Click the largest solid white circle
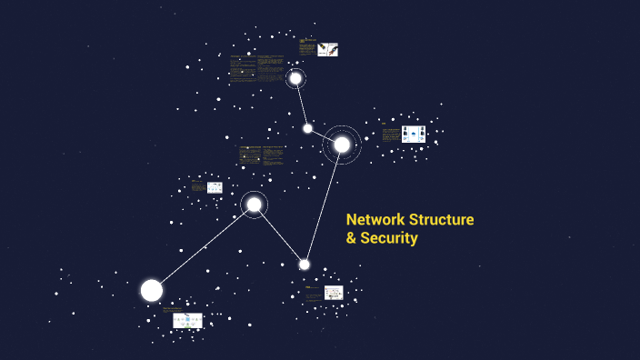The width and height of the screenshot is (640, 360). [x=152, y=290]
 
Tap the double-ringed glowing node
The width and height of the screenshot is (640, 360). [x=342, y=145]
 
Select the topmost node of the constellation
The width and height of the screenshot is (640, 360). [x=295, y=78]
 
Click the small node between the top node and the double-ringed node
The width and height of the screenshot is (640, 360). [x=307, y=128]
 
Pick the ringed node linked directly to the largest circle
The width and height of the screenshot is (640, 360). [x=254, y=205]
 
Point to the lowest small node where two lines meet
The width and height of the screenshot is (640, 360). [x=305, y=265]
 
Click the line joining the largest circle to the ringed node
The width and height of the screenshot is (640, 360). [x=203, y=247]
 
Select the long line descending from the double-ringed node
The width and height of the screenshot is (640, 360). [x=324, y=204]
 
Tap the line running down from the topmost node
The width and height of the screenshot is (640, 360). [x=301, y=102]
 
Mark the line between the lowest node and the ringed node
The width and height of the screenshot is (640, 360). [x=279, y=235]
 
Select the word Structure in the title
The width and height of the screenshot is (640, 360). [x=443, y=219]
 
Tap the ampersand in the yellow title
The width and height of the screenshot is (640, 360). [x=351, y=238]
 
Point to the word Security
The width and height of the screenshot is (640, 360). [x=389, y=238]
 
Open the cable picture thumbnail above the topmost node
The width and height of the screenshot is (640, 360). [x=328, y=49]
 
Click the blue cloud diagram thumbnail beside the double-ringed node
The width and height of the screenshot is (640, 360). [x=414, y=134]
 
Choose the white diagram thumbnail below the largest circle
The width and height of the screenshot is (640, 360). [x=188, y=320]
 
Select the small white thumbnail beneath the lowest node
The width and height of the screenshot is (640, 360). [x=334, y=293]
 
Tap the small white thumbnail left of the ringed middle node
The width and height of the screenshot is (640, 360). [x=215, y=187]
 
